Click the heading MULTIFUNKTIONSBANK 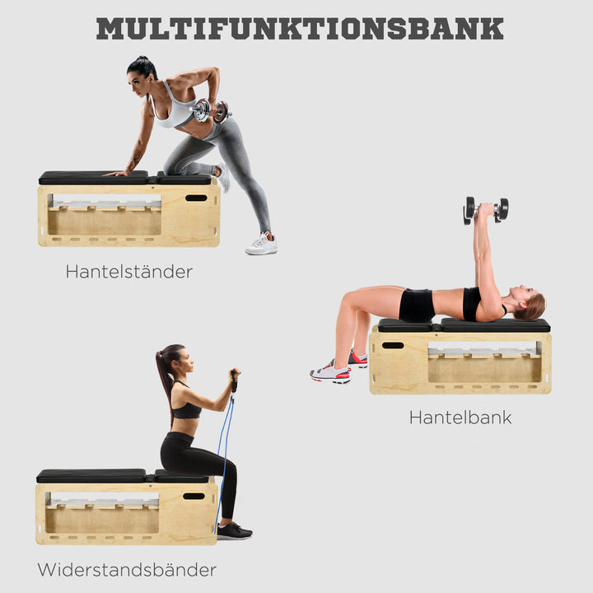pyautogui.click(x=299, y=28)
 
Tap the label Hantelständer pyautogui.click(x=128, y=271)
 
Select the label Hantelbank pyautogui.click(x=460, y=418)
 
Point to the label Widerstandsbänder pyautogui.click(x=127, y=569)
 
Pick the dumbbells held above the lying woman pyautogui.click(x=485, y=209)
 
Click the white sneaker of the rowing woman pyautogui.click(x=262, y=245)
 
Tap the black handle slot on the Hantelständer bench pyautogui.click(x=196, y=198)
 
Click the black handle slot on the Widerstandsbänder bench pyautogui.click(x=194, y=496)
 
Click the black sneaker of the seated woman pyautogui.click(x=233, y=531)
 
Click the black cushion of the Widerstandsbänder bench pyautogui.click(x=92, y=475)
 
